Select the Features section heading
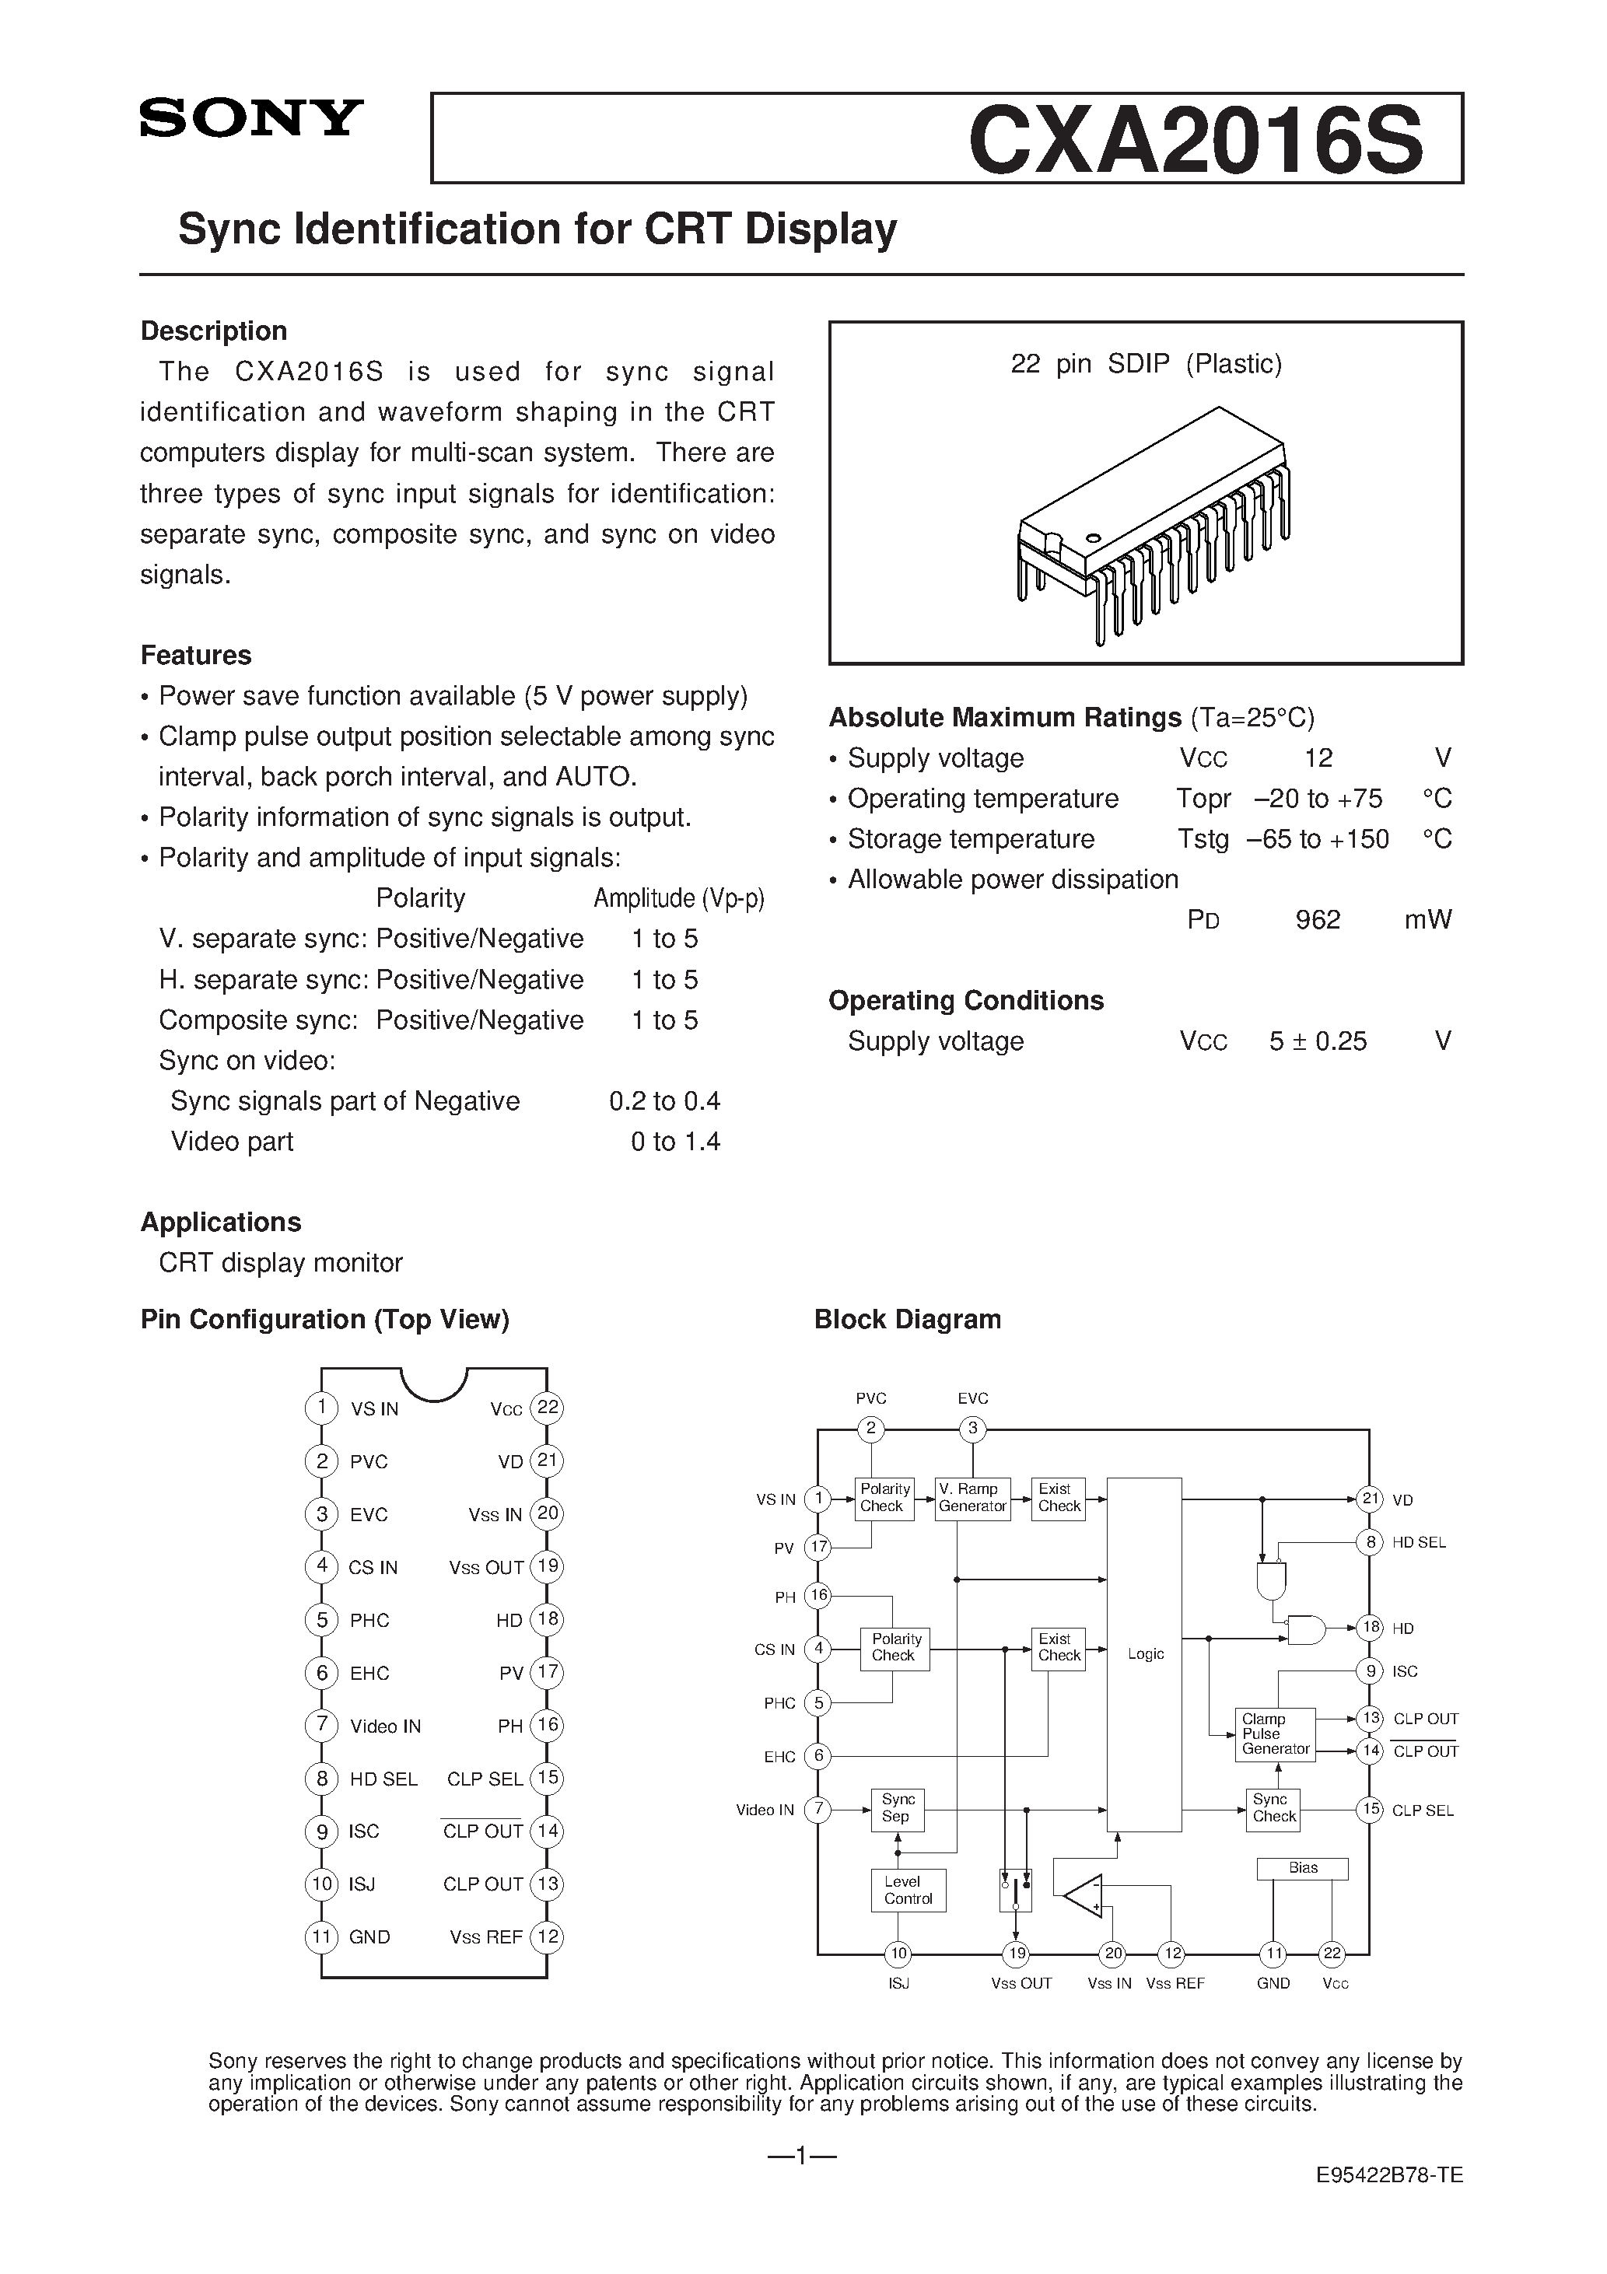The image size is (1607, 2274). (195, 655)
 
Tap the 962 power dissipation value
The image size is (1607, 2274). (1317, 920)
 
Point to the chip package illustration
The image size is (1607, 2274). (1154, 525)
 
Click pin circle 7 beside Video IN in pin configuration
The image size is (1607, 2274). (321, 1725)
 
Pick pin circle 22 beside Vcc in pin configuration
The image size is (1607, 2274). (547, 1408)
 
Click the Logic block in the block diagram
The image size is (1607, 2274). (1144, 1654)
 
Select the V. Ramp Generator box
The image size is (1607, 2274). (972, 1498)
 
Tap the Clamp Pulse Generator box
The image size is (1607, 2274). (1275, 1734)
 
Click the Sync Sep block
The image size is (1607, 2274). (897, 1808)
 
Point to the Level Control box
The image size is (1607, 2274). (908, 1890)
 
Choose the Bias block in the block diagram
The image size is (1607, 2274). (1302, 1868)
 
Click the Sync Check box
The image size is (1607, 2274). (1273, 1808)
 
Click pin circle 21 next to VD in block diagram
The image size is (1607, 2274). (1369, 1499)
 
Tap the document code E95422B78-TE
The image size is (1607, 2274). (1389, 2176)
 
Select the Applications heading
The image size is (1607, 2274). (220, 1223)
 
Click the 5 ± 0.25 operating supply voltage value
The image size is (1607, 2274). (1318, 1041)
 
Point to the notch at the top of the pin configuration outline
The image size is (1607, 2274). (434, 1383)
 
